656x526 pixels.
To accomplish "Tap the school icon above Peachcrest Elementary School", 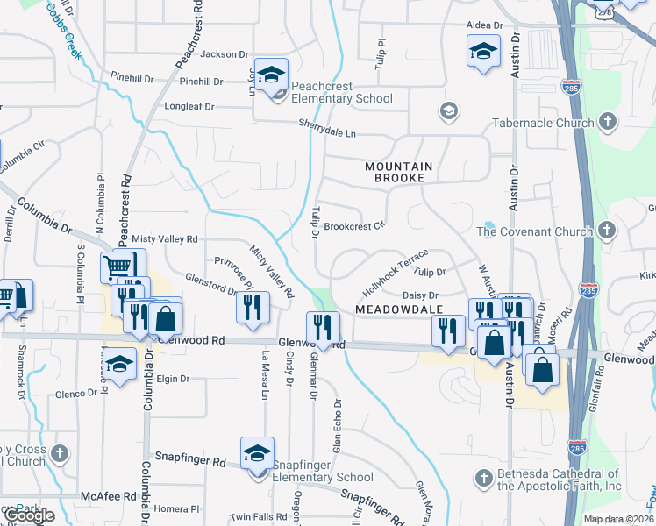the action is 273,75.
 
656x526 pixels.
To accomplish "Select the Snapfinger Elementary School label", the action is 323,471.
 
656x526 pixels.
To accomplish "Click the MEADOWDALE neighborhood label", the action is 396,309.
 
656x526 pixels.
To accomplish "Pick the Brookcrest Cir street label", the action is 354,226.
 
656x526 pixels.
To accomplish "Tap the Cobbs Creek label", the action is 64,32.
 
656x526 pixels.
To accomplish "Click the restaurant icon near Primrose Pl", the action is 252,306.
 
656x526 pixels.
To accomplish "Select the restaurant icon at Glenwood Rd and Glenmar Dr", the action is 323,328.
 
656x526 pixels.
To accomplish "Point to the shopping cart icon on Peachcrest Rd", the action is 119,266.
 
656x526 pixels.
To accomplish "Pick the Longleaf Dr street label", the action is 189,107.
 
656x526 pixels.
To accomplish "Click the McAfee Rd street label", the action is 107,496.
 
